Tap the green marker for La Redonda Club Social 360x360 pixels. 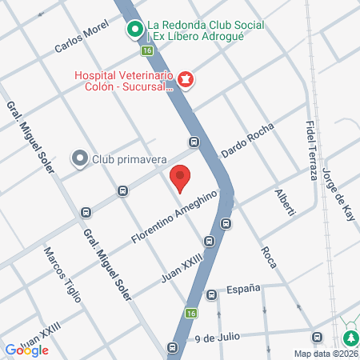135,30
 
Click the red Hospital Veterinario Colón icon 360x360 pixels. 186,78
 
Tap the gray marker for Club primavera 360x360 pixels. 80,158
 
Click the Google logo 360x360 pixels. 26,350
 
